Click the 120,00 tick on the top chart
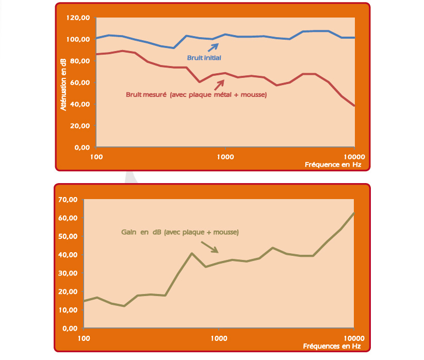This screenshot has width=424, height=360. coord(79,18)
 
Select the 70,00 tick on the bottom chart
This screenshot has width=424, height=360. coord(69,200)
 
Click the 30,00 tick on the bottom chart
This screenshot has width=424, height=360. coord(69,273)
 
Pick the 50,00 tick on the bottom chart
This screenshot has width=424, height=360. coord(69,237)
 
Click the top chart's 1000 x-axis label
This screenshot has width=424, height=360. coord(224,156)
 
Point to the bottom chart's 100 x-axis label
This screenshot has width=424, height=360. coord(83,337)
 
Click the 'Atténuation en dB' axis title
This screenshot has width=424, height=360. coord(63,85)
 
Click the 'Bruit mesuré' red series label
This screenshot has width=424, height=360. coord(196,94)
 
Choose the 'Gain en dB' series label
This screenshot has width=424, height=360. coord(180,233)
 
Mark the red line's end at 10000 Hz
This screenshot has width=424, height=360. coord(354,106)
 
